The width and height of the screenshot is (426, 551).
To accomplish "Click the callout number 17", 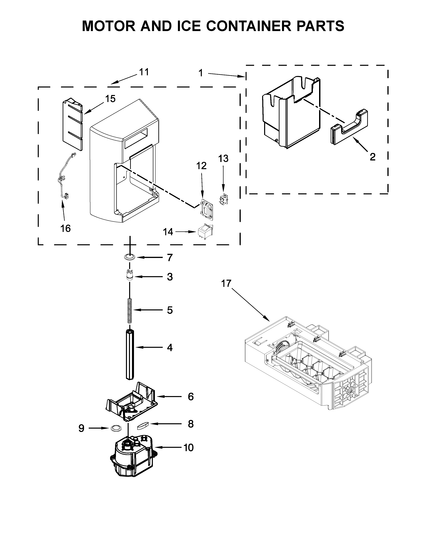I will pos(226,284).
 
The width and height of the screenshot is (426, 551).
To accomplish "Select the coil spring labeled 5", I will pos(129,311).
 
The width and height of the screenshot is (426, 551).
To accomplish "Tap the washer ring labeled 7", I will pos(129,257).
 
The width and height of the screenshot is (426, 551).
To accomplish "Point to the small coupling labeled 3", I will pos(129,275).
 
